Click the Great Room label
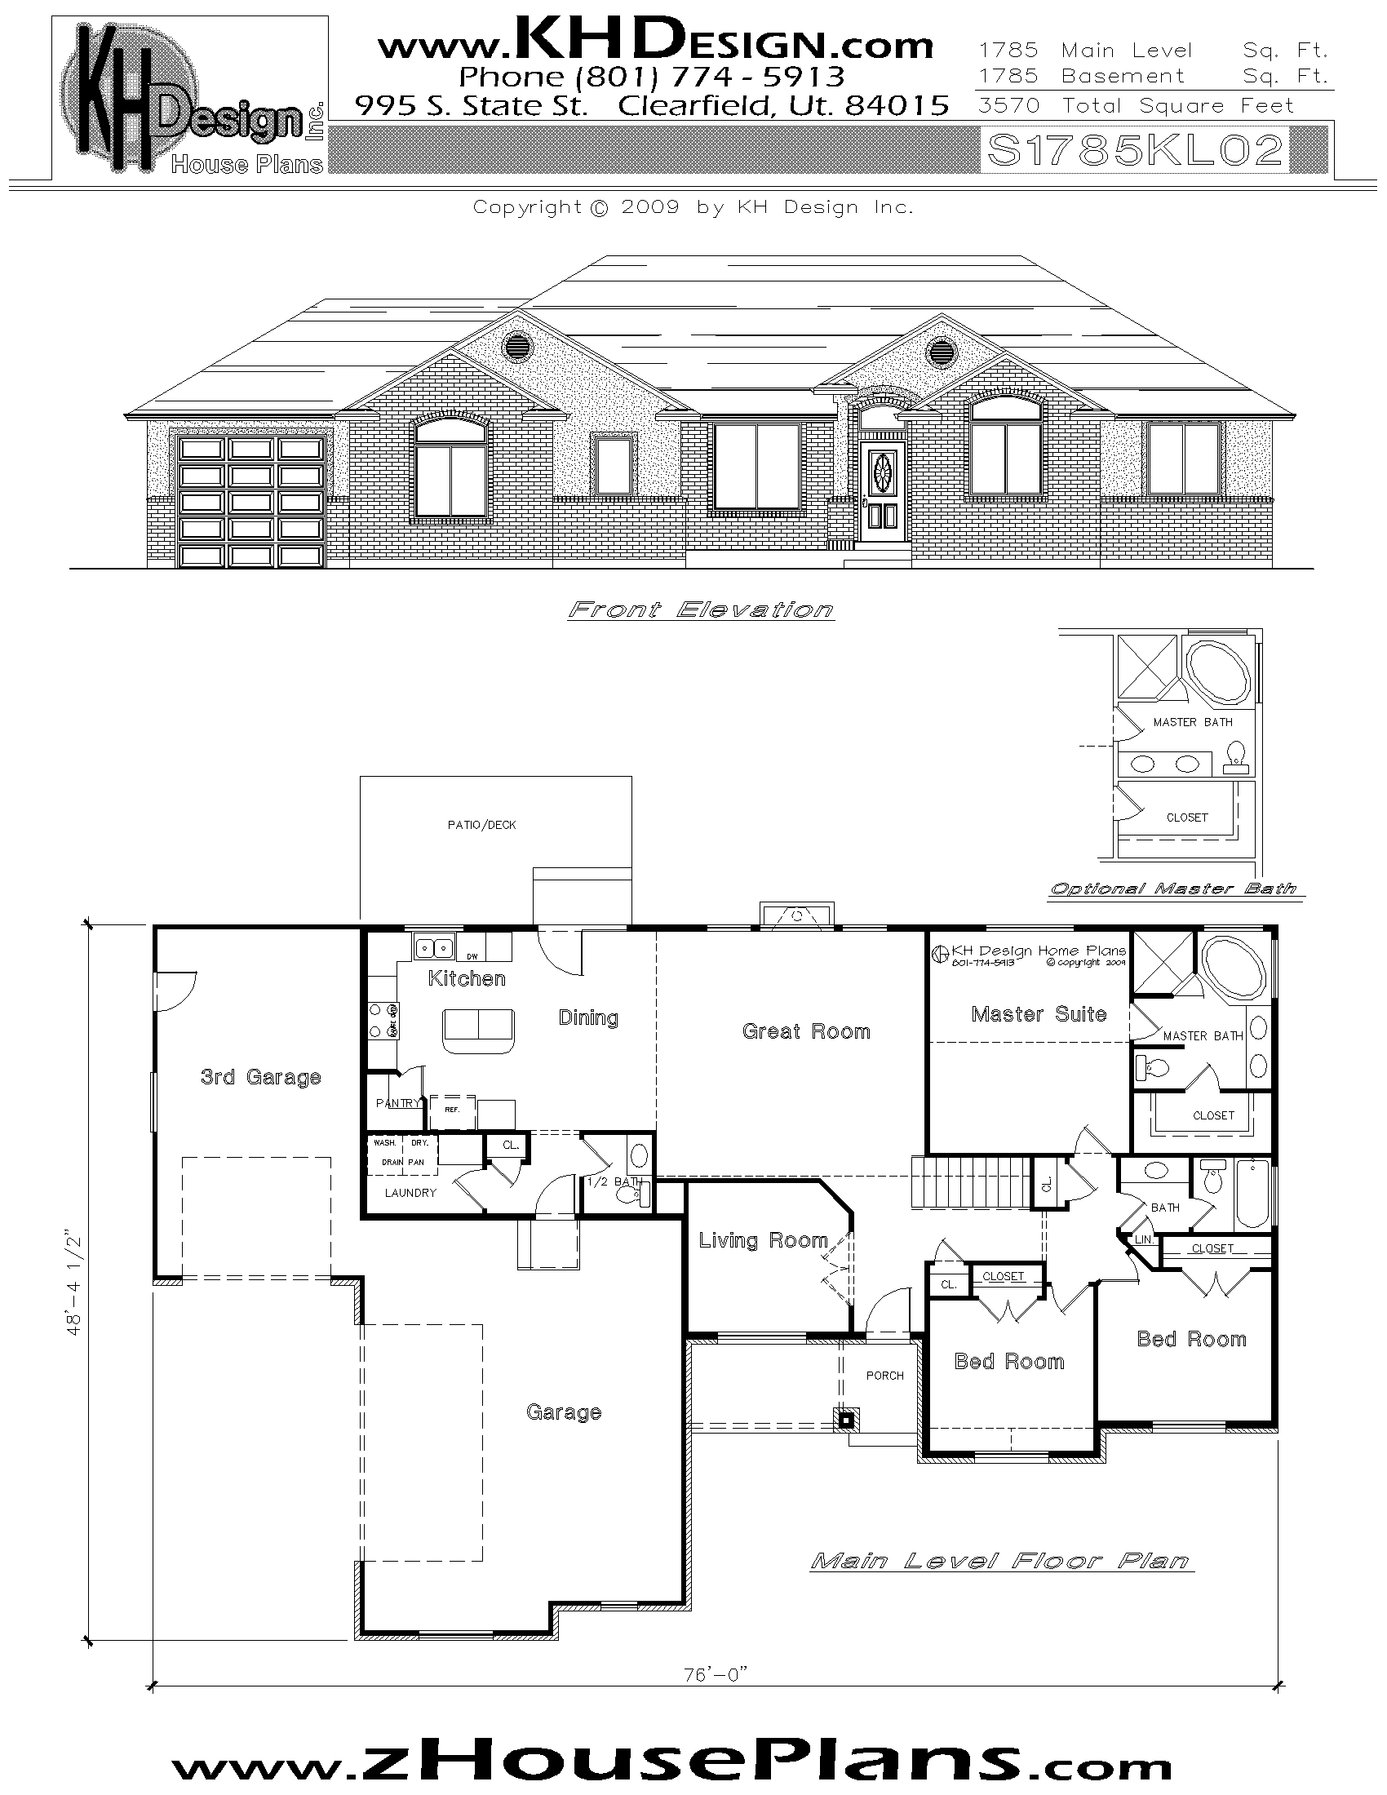(x=805, y=1031)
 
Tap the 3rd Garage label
(x=260, y=1077)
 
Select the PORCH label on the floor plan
(x=884, y=1375)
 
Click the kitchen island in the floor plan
(x=478, y=1030)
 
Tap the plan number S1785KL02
(x=1135, y=150)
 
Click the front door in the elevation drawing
(x=884, y=491)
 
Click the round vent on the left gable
(x=516, y=344)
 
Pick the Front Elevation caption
(x=701, y=609)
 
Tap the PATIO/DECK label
(x=481, y=824)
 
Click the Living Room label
(x=763, y=1240)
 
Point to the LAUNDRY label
(x=410, y=1193)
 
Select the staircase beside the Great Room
(x=969, y=1182)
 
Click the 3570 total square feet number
(x=1009, y=106)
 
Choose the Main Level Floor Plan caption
(x=1000, y=1561)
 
